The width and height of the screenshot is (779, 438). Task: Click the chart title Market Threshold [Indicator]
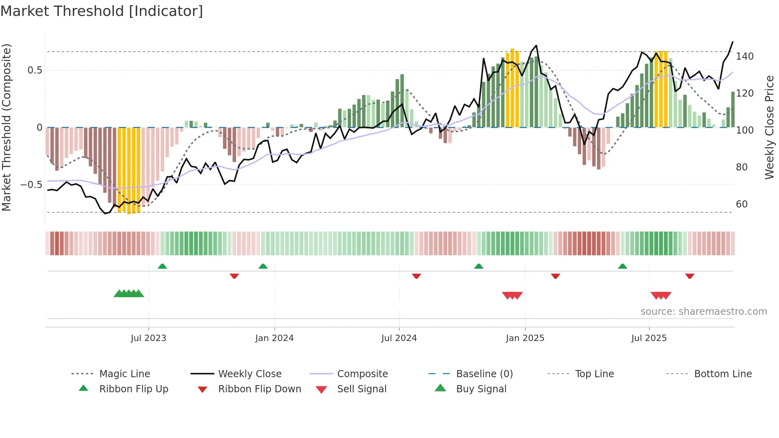coord(102,11)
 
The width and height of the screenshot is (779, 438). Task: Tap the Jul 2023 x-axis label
coord(148,338)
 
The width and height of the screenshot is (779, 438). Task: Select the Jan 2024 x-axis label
coord(274,338)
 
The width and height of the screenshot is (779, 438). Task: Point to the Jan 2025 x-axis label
coord(525,338)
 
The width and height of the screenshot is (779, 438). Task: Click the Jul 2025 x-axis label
coord(649,338)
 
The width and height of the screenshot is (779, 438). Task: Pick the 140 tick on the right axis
coord(744,56)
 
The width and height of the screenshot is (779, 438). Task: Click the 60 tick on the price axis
coord(742,204)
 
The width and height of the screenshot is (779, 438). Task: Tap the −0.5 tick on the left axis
coord(31,185)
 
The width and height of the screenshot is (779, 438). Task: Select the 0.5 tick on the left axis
coord(35,70)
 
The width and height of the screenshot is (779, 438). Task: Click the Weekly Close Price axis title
coord(769,127)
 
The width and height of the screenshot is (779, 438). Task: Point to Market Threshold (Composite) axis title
coord(6,127)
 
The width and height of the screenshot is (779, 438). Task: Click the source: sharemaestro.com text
coord(703,312)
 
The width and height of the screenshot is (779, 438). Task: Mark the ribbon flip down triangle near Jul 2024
coord(416,276)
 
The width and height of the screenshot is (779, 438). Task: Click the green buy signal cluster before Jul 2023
coord(129,294)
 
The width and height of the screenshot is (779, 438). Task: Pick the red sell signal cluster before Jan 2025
coord(512,295)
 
